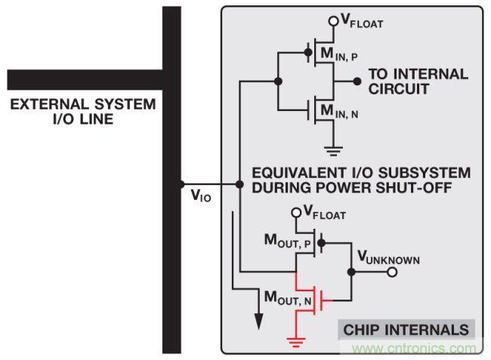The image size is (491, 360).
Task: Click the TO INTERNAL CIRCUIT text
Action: (x=418, y=81)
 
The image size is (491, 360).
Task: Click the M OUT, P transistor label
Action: (x=288, y=242)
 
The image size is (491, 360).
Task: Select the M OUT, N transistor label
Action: (x=287, y=299)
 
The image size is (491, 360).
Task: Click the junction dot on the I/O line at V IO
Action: (x=181, y=183)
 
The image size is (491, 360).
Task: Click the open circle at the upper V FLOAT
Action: (x=331, y=20)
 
